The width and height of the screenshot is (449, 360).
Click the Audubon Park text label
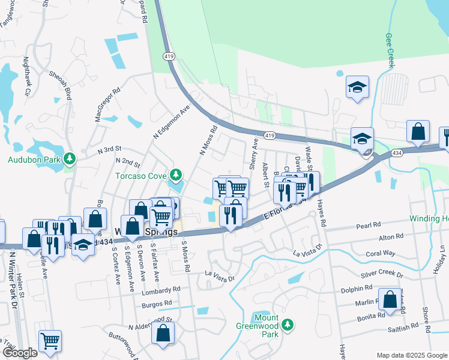coord(34,160)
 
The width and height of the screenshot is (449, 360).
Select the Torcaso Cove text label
coord(142,176)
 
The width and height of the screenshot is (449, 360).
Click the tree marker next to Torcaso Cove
coord(176,175)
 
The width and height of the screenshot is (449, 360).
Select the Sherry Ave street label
coord(253,155)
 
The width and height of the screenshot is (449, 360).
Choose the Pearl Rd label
coord(368,226)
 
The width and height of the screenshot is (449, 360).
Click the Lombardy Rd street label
coord(161,289)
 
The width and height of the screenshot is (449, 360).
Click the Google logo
coord(20,353)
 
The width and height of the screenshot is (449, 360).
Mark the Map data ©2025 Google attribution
coord(411,355)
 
